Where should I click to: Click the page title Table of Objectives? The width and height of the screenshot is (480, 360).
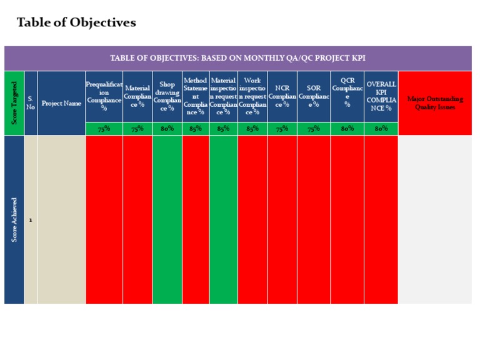(76, 23)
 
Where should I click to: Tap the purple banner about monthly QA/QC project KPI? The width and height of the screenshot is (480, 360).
(237, 58)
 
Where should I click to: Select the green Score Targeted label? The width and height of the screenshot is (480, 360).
(14, 102)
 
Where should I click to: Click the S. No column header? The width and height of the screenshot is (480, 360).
(31, 102)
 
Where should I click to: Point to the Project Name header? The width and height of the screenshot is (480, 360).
(61, 103)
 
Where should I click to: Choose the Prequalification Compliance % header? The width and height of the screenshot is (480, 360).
(104, 96)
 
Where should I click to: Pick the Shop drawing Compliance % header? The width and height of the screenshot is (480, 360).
(167, 96)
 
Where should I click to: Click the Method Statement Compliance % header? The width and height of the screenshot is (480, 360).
(196, 96)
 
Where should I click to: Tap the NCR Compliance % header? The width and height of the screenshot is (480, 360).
(282, 96)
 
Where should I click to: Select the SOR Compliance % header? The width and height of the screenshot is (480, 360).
(314, 96)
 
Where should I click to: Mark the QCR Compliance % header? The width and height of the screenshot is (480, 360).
(347, 92)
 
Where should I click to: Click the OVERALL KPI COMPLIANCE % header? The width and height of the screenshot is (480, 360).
(381, 96)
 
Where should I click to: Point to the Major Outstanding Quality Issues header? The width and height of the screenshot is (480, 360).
(435, 103)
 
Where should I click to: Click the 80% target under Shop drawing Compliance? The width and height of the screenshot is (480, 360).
(167, 129)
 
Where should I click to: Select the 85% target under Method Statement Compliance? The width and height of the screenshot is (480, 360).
(196, 129)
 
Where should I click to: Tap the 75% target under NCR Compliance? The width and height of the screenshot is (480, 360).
(282, 129)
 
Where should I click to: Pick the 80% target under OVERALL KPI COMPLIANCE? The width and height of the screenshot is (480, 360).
(381, 129)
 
